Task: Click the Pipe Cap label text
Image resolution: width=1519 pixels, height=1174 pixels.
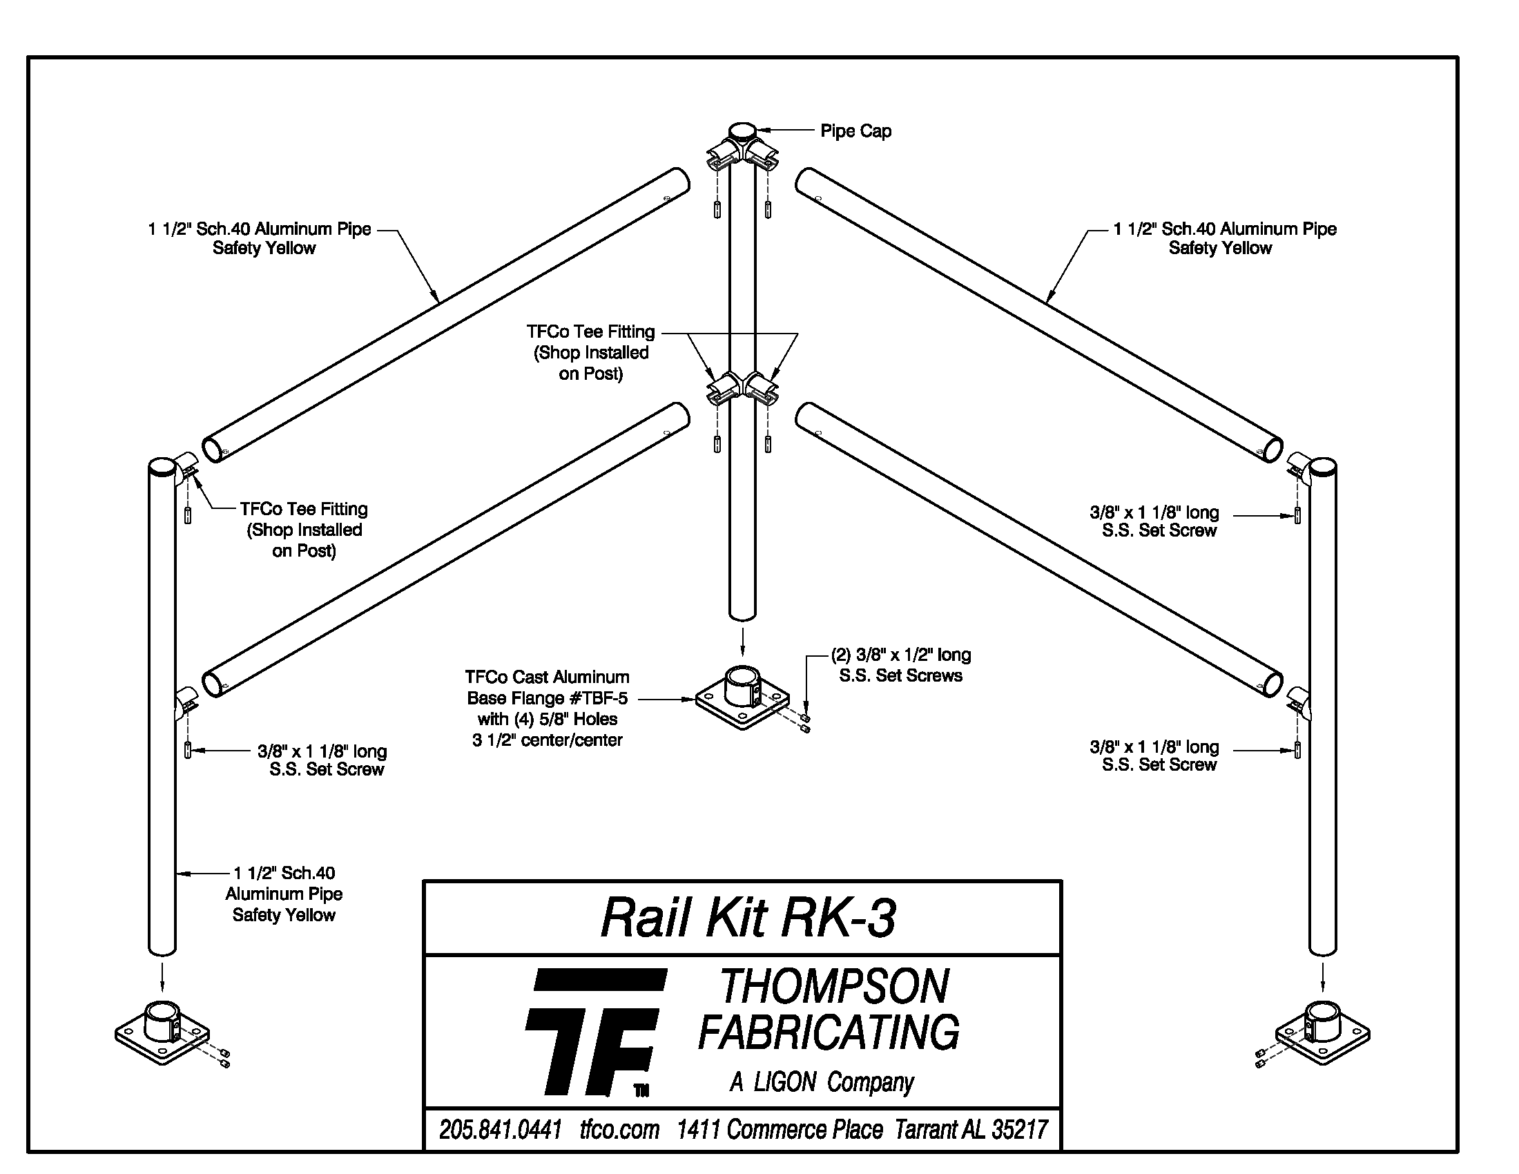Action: coord(855,131)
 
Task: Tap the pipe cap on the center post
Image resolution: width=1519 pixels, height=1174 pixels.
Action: coord(742,131)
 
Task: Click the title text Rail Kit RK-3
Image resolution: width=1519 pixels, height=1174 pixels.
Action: coord(748,918)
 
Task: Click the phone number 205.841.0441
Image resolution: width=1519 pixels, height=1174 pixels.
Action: coord(500,1130)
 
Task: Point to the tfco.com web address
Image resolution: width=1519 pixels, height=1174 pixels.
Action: coord(619,1130)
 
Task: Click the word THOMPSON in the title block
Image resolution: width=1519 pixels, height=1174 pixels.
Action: coord(834,986)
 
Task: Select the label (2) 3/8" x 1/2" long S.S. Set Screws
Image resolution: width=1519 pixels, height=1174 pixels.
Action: coord(900,665)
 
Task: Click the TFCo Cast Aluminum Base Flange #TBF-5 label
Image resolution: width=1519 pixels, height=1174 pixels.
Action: coord(548,708)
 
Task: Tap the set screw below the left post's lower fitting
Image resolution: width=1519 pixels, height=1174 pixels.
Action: coord(188,751)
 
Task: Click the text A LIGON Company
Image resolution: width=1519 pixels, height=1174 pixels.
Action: coord(822,1082)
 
